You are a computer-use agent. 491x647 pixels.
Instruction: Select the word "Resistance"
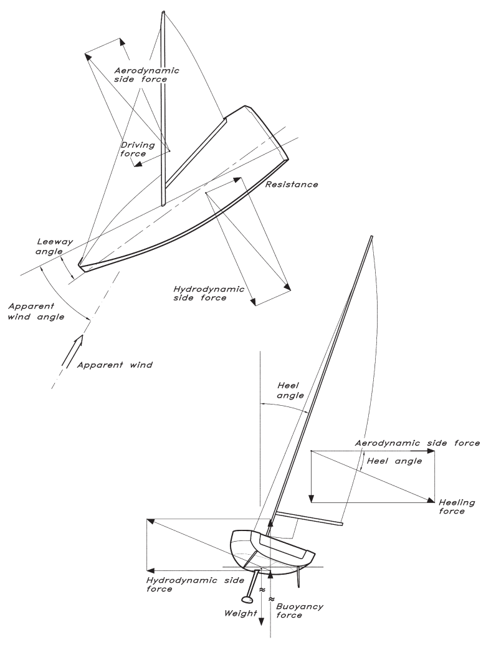[x=292, y=185]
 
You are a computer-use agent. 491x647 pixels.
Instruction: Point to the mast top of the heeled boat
[x=371, y=237]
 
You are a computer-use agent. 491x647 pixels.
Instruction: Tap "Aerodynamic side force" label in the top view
[x=146, y=75]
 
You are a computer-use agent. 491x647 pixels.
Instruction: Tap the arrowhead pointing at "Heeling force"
[x=431, y=500]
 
